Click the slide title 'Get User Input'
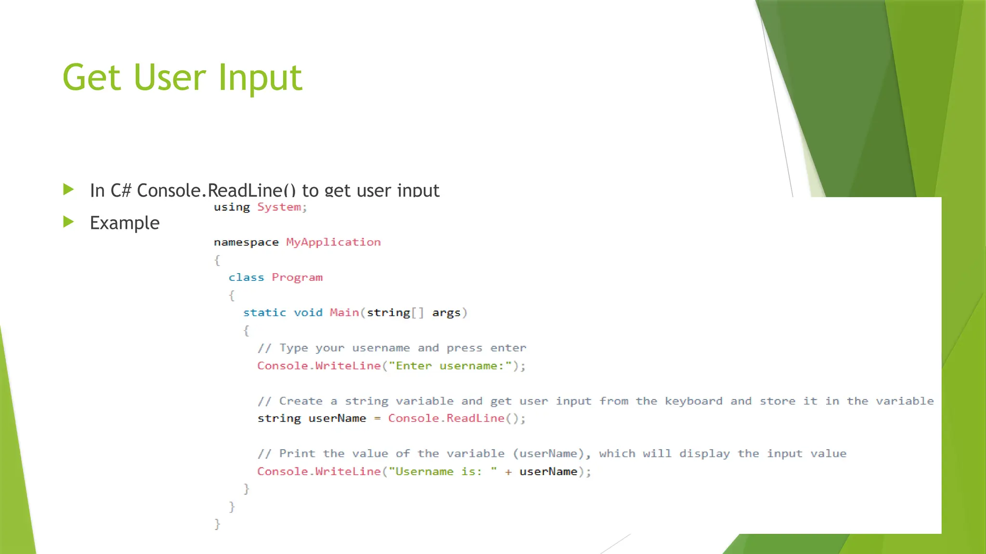[182, 77]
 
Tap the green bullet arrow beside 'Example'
[69, 222]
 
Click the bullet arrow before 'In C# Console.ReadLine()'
[69, 189]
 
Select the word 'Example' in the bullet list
[125, 223]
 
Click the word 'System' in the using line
[279, 207]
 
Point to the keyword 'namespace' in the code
[246, 242]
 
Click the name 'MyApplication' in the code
[333, 242]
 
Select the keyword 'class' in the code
[246, 277]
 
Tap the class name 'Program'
[297, 278]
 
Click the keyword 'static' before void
[264, 313]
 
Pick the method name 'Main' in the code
[344, 313]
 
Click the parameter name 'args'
[446, 313]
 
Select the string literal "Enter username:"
[450, 366]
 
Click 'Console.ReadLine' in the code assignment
[446, 418]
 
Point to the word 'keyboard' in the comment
[693, 401]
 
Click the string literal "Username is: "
[443, 471]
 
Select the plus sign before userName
[508, 472]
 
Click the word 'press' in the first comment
[464, 348]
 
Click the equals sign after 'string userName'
[377, 419]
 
